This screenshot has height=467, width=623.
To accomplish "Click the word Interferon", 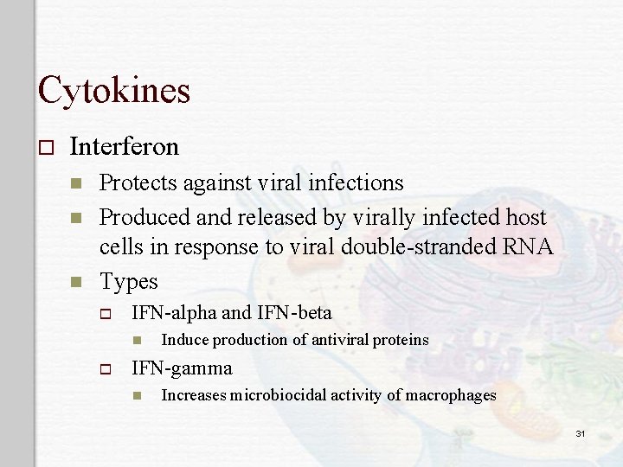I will click(x=124, y=147).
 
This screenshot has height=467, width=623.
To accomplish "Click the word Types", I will click(x=129, y=281).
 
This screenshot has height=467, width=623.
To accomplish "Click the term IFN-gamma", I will click(x=181, y=368).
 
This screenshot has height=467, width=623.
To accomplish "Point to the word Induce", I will click(x=184, y=340).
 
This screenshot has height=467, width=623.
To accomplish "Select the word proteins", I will click(x=401, y=340).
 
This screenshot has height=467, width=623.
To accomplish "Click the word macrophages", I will click(x=452, y=396).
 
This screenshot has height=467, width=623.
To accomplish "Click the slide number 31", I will click(x=581, y=432).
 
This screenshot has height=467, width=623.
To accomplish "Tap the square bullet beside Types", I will click(x=76, y=282).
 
